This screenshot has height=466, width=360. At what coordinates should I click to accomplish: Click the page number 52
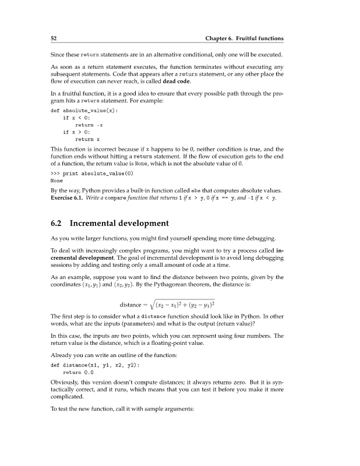point(52,38)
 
